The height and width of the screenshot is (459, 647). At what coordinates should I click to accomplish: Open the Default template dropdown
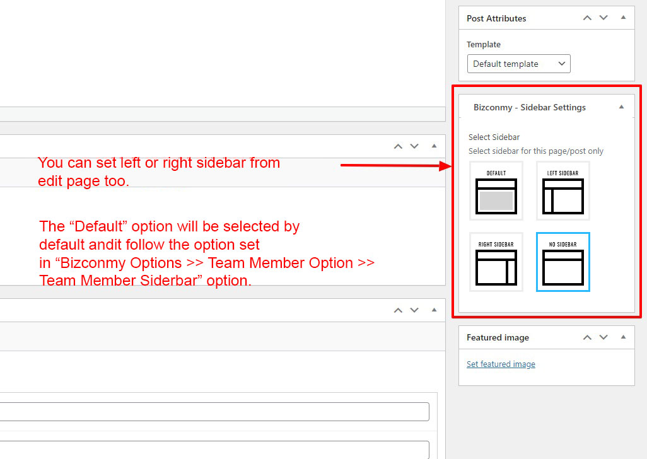click(x=519, y=64)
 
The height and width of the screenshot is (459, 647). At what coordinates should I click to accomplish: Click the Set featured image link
click(x=501, y=364)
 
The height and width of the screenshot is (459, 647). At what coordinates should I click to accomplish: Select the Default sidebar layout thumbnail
click(x=496, y=190)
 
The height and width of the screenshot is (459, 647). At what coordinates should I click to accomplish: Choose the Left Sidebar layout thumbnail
click(x=563, y=190)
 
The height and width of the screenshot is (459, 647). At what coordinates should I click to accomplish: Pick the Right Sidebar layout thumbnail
click(x=496, y=262)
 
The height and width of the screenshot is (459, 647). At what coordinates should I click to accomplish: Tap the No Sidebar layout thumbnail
click(x=563, y=262)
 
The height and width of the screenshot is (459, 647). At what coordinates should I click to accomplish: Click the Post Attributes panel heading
click(x=496, y=18)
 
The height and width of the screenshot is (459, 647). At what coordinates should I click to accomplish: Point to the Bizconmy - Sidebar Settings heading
click(x=530, y=108)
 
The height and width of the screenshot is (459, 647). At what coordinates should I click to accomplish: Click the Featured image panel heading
click(x=498, y=338)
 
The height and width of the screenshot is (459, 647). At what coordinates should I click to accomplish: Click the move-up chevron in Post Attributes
click(x=587, y=18)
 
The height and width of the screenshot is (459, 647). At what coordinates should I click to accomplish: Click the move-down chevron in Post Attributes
click(x=603, y=18)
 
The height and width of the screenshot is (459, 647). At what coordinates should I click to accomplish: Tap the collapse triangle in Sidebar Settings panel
click(x=621, y=107)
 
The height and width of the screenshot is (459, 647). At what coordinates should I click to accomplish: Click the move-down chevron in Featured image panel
click(x=603, y=337)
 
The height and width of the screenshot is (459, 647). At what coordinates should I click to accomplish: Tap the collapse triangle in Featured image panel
click(x=623, y=337)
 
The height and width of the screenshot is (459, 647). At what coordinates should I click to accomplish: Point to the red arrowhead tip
click(x=452, y=166)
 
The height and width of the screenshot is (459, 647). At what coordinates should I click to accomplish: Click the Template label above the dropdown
click(x=484, y=45)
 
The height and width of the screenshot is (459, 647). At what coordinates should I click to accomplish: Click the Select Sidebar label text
click(x=494, y=137)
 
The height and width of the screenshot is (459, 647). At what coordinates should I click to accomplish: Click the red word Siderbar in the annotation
click(x=169, y=281)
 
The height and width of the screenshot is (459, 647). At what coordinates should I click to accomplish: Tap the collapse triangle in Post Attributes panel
click(x=623, y=17)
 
